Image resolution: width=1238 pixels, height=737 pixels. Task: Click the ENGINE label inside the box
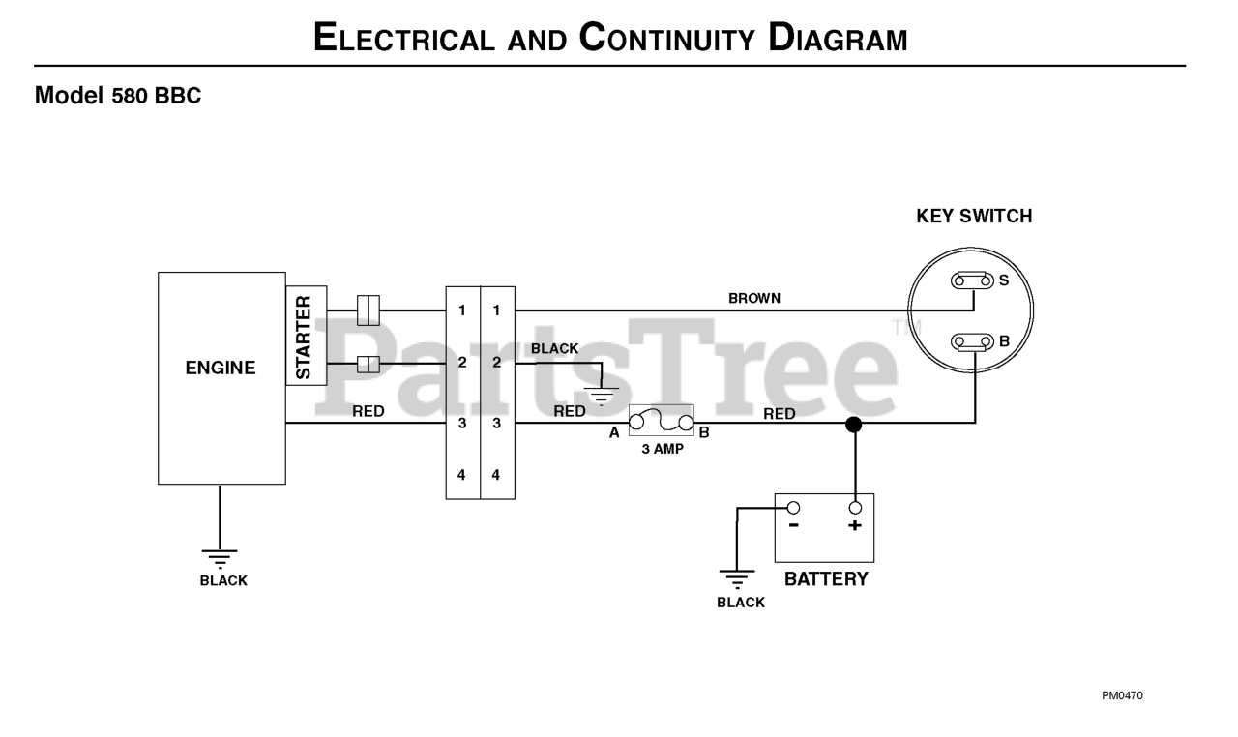220,368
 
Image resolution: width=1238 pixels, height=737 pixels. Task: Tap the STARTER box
307,336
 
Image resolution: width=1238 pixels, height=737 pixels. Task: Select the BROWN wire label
754,298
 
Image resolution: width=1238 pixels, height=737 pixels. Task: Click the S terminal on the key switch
972,280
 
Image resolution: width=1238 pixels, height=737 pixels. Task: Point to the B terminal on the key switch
972,342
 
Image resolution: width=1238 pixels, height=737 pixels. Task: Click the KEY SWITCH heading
974,216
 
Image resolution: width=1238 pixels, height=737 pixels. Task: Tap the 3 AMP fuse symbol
661,421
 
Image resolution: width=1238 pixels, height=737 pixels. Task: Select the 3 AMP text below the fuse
663,449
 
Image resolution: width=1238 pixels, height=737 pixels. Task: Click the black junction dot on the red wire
854,425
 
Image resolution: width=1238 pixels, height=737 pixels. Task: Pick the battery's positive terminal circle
855,508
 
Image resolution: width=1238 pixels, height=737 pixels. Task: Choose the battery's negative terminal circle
793,508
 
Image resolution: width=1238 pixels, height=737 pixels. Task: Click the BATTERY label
826,579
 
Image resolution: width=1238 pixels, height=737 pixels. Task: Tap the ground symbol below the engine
220,559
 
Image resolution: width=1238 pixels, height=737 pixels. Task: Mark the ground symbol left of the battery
737,579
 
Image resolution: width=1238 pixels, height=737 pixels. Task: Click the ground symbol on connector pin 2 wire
602,397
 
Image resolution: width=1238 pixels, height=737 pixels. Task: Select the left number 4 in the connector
461,475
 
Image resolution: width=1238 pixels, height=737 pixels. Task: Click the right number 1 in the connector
496,310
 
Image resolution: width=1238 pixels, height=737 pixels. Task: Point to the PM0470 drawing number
1122,695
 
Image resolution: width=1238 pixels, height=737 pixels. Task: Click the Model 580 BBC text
118,95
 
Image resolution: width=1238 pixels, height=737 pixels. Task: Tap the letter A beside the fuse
614,433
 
